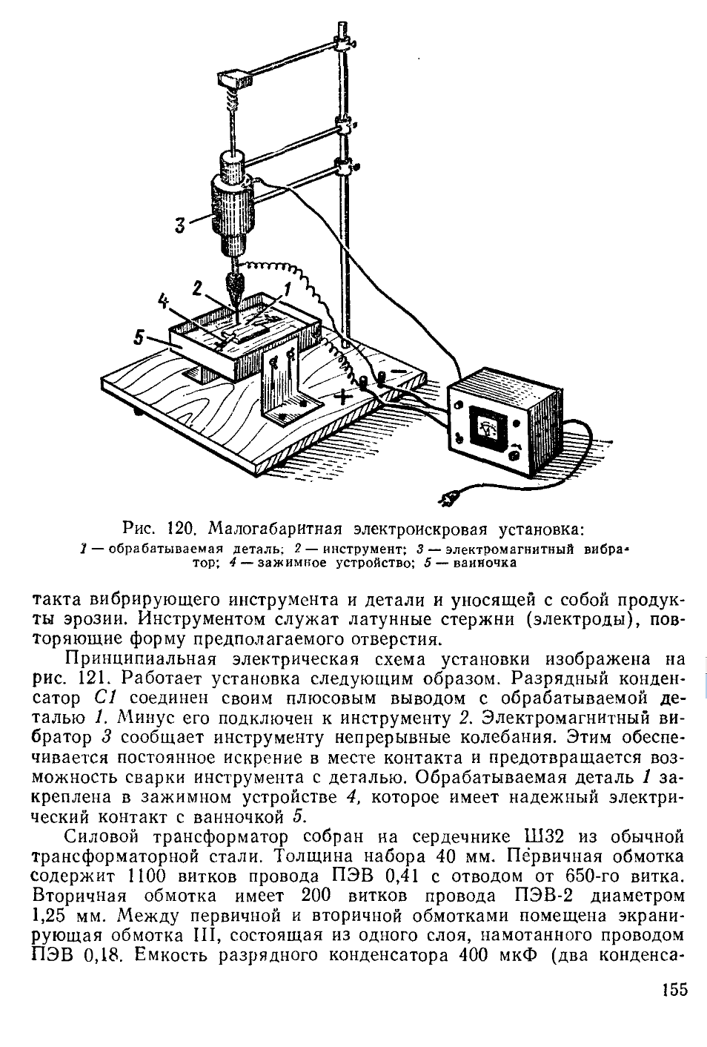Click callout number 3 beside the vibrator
coord(179,225)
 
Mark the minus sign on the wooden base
coord(399,369)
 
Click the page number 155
coord(671,990)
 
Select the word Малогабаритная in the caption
coord(273,529)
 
